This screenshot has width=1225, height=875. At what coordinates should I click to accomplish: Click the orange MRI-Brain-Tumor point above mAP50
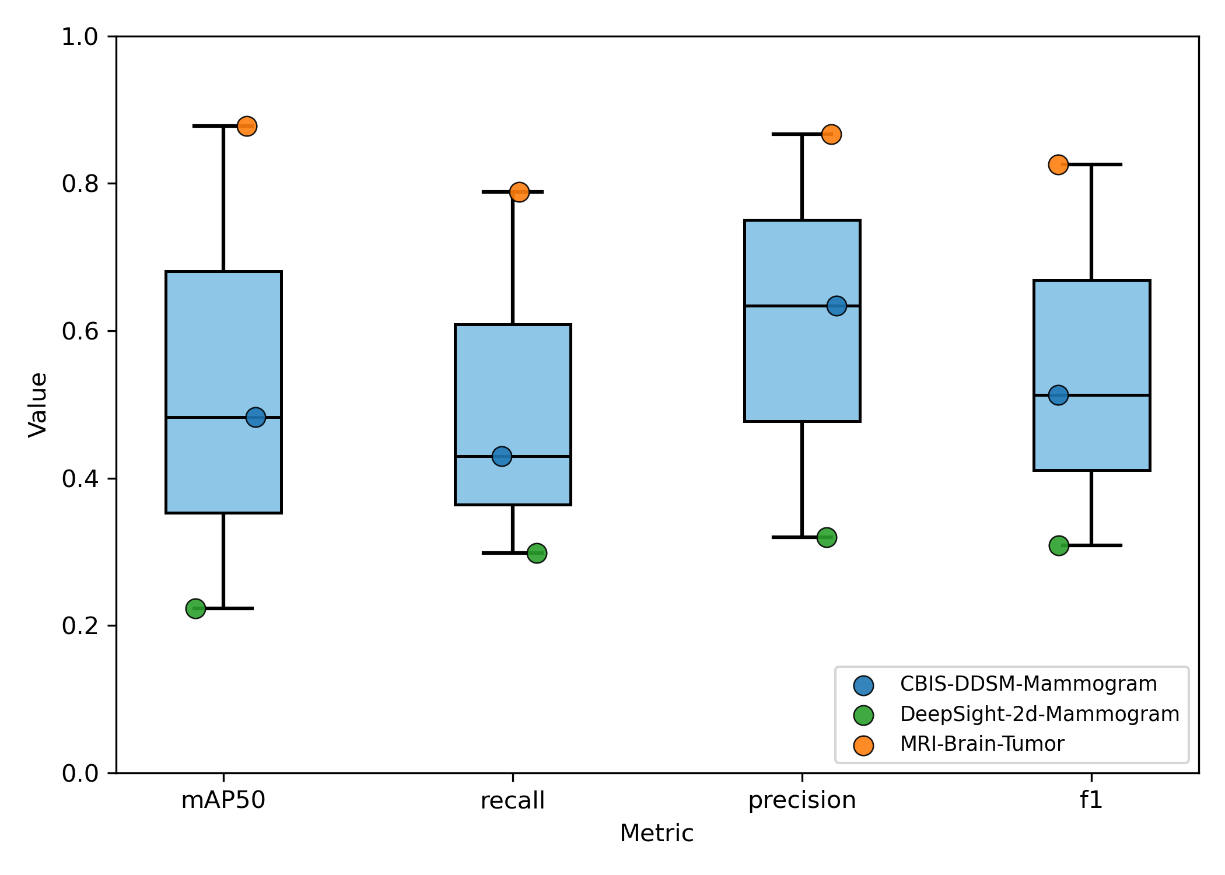(247, 126)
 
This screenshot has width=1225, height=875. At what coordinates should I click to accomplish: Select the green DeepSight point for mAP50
(195, 608)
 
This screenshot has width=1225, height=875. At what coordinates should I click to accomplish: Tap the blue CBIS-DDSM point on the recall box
(502, 456)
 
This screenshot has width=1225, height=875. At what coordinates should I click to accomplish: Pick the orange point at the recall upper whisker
(519, 192)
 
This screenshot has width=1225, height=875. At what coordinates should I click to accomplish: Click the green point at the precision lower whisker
(827, 537)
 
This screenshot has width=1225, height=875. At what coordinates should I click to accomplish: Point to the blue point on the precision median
(836, 306)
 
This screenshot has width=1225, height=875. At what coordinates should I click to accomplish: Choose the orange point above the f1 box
(1058, 164)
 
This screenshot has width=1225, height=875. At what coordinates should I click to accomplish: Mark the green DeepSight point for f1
(1059, 546)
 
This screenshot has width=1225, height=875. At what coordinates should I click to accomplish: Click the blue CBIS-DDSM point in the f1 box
(1058, 395)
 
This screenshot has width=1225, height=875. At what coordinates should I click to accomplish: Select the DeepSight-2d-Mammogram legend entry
(1039, 714)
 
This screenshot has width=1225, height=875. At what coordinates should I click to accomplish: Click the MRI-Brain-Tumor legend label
(982, 744)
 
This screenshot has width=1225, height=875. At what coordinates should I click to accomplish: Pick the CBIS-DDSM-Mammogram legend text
(1028, 684)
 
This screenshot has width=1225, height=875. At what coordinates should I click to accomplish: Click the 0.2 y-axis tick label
(80, 626)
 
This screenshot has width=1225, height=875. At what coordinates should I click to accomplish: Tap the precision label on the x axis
(802, 800)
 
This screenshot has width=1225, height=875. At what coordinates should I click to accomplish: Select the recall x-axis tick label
(512, 800)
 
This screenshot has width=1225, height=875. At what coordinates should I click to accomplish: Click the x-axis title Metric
(656, 833)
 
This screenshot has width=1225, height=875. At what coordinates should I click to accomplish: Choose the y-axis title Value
(38, 404)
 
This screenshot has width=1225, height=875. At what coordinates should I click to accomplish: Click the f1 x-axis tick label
(1091, 800)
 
